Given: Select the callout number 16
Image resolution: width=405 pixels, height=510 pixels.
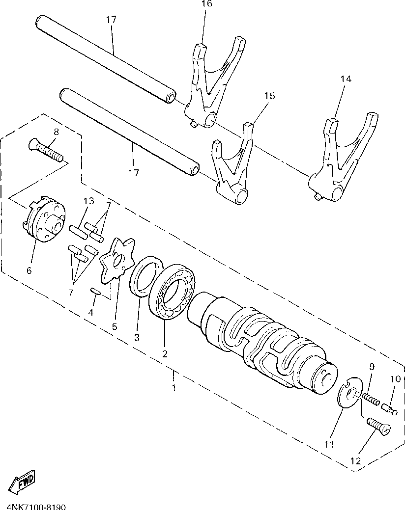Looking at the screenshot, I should pyautogui.click(x=206, y=4).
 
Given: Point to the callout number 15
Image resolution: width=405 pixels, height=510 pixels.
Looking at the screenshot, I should pyautogui.click(x=269, y=96).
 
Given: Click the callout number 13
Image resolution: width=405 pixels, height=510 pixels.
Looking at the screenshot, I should pyautogui.click(x=88, y=201).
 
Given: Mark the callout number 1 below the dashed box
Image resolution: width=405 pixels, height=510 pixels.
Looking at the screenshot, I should pyautogui.click(x=173, y=387).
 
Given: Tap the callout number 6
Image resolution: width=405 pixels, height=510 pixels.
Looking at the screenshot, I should pyautogui.click(x=29, y=270).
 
